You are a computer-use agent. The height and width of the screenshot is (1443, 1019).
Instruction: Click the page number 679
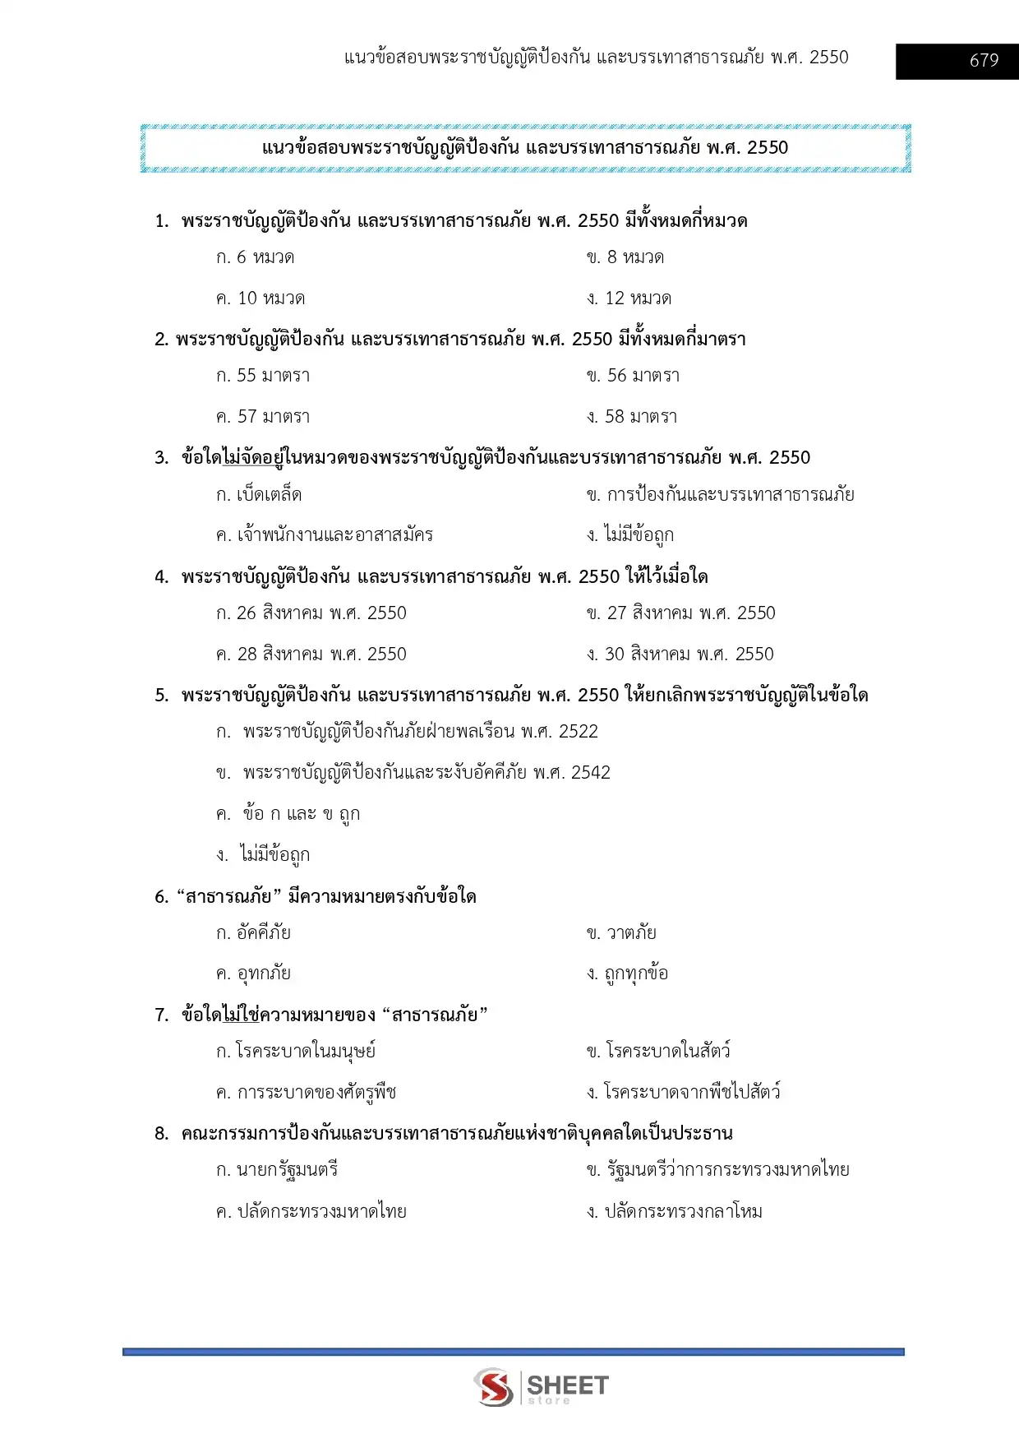click(x=984, y=61)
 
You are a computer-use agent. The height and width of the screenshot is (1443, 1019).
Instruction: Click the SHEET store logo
click(x=541, y=1387)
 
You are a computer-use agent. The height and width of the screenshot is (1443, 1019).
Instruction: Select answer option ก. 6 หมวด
click(x=256, y=257)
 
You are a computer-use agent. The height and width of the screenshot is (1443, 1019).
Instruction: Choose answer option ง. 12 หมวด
click(x=629, y=298)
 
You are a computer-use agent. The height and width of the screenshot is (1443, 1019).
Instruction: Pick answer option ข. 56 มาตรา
click(x=633, y=376)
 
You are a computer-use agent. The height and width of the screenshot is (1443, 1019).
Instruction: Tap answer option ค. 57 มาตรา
click(x=263, y=417)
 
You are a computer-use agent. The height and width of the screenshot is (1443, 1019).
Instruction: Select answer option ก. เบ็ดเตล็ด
click(x=259, y=495)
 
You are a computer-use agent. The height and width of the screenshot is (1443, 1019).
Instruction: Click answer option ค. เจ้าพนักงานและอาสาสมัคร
click(x=325, y=535)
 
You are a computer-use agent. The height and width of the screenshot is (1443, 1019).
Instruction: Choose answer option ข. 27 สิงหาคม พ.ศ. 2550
click(x=680, y=613)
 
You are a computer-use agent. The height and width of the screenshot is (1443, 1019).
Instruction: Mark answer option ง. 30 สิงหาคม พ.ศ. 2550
click(x=680, y=654)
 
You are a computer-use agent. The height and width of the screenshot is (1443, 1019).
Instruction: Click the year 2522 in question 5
click(x=579, y=732)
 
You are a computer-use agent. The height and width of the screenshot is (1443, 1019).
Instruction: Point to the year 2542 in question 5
click(x=591, y=773)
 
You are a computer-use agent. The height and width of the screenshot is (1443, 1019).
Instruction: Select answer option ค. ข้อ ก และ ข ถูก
click(x=288, y=814)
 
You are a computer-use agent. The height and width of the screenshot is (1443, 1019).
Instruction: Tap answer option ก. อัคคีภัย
click(x=253, y=933)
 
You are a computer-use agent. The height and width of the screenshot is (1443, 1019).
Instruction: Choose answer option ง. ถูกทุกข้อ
click(x=627, y=974)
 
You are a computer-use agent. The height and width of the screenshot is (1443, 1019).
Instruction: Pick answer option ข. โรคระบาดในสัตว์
click(x=658, y=1052)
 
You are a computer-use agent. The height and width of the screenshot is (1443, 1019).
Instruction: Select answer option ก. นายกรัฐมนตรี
click(x=277, y=1170)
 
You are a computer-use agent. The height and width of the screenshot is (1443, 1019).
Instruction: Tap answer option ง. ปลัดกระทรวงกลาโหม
click(x=675, y=1211)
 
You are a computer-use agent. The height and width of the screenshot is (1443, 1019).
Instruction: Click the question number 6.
click(x=161, y=897)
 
